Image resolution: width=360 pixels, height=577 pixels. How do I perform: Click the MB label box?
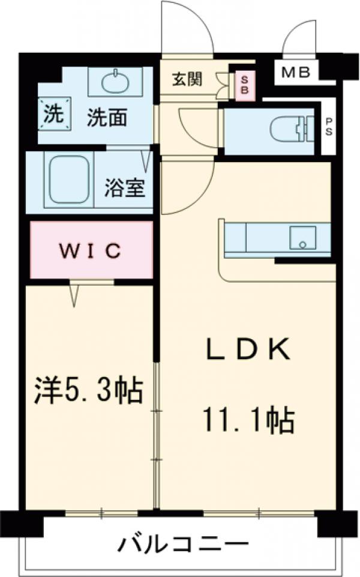point(296,73)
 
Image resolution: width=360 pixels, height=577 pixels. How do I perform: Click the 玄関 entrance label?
point(187,79)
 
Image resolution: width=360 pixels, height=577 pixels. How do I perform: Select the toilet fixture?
point(290,128)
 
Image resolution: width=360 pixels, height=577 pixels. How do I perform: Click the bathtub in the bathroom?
point(68,180)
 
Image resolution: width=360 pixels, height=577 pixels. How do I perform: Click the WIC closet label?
point(90,249)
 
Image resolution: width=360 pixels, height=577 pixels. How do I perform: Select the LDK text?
point(248,348)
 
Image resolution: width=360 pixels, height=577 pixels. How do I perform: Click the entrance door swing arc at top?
point(187,24)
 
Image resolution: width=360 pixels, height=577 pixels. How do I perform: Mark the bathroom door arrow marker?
point(146,159)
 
